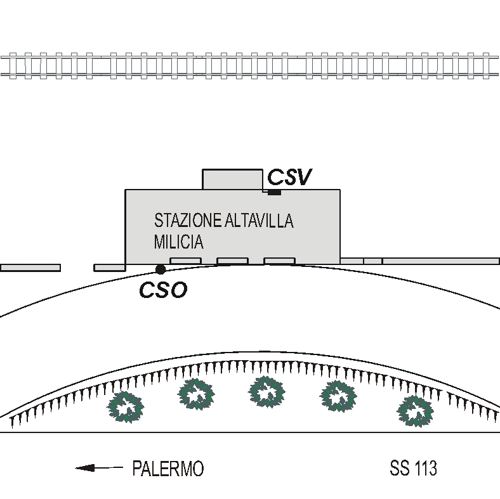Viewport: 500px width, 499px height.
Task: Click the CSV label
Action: coord(289,178)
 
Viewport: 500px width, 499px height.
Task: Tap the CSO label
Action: coord(163,290)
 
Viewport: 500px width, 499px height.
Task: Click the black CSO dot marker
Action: coord(161,269)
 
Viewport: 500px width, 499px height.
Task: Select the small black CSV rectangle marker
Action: coord(274,192)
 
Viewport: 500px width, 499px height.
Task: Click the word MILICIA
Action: coord(179,242)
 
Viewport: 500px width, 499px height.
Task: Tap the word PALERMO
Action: coord(168,469)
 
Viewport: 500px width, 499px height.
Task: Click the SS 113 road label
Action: coord(413,469)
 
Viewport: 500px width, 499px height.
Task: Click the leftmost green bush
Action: coord(124,406)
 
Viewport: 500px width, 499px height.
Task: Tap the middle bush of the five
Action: coord(266,391)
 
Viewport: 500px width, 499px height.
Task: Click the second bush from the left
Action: coord(196,394)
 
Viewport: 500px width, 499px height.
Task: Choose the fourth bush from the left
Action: coord(338,396)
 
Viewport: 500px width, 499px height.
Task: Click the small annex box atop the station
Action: coord(232,179)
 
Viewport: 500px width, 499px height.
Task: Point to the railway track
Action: coord(250,65)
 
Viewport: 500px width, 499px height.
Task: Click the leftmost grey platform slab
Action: coord(30,268)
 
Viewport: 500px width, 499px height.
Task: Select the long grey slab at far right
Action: coord(440,261)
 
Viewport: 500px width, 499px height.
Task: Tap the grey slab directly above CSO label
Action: coord(185,261)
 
